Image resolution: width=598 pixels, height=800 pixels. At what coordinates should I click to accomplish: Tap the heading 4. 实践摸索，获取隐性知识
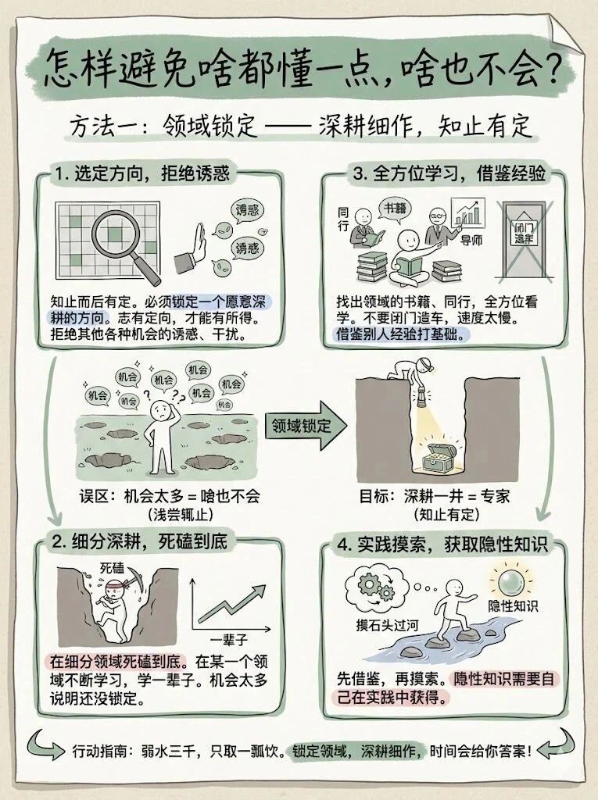coord(439,545)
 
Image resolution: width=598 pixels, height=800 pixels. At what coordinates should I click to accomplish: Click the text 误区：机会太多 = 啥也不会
coord(169,497)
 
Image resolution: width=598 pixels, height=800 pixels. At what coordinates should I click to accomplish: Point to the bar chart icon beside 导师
coord(468,212)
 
